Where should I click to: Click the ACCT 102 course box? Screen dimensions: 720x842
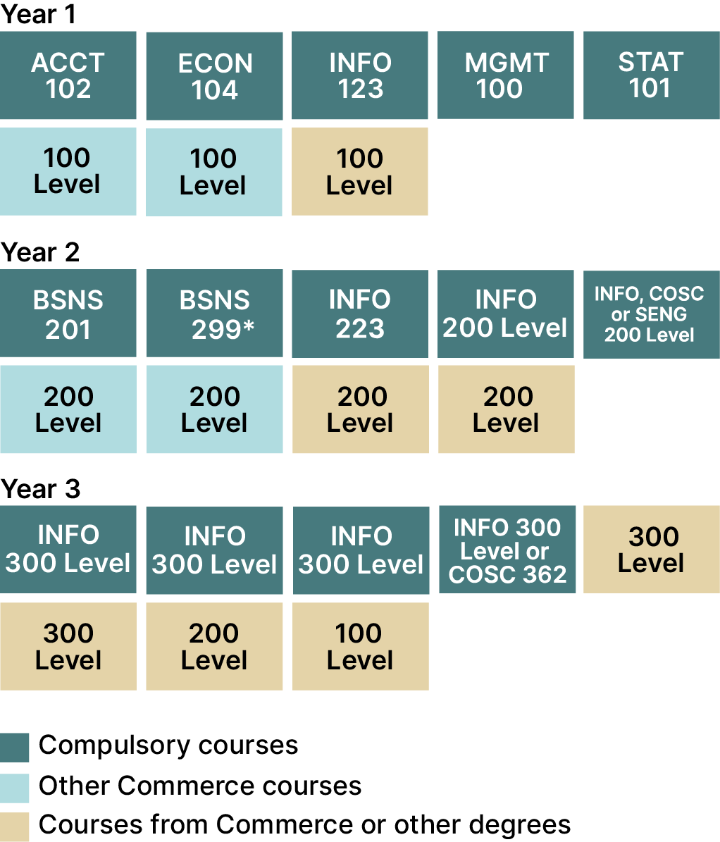pyautogui.click(x=68, y=75)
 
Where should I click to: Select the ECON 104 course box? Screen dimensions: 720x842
pyautogui.click(x=214, y=75)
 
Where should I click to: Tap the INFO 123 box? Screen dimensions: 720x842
pyautogui.click(x=360, y=75)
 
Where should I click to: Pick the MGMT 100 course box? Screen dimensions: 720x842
pyautogui.click(x=506, y=75)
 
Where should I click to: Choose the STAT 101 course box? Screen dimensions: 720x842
pyautogui.click(x=652, y=75)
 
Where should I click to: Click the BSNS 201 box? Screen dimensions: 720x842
pyautogui.click(x=68, y=314)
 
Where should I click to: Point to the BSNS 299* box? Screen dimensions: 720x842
pyautogui.click(x=214, y=314)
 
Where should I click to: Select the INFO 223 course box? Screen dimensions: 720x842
pyautogui.click(x=360, y=314)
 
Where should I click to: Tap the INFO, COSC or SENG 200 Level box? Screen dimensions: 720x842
pyautogui.click(x=652, y=314)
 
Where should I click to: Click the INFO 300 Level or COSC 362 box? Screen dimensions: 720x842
pyautogui.click(x=507, y=550)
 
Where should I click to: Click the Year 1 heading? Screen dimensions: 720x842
pyautogui.click(x=38, y=15)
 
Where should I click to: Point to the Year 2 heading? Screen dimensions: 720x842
pyautogui.click(x=40, y=252)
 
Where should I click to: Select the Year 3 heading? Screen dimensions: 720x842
pyautogui.click(x=41, y=489)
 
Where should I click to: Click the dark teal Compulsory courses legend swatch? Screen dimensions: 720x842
pyautogui.click(x=15, y=748)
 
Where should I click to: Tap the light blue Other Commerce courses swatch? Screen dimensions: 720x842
pyautogui.click(x=15, y=788)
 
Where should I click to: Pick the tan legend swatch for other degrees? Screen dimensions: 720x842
pyautogui.click(x=15, y=827)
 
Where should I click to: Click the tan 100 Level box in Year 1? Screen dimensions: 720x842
pyautogui.click(x=360, y=172)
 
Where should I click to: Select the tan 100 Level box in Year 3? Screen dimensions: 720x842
pyautogui.click(x=360, y=647)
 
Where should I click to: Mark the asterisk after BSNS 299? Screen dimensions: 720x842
pyautogui.click(x=248, y=326)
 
